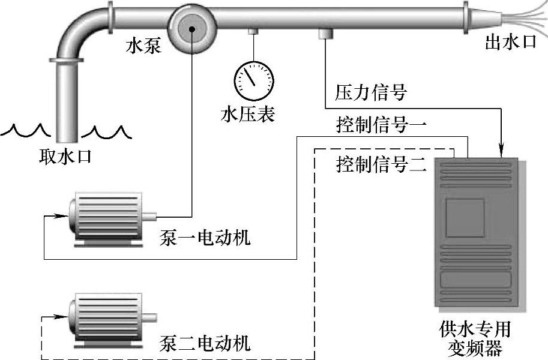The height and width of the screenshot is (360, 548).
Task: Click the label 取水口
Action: [65, 158]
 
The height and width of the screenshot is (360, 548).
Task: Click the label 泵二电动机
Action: [205, 344]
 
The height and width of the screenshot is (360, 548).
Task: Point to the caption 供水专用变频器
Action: [474, 339]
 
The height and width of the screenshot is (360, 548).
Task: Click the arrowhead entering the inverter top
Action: [502, 154]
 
